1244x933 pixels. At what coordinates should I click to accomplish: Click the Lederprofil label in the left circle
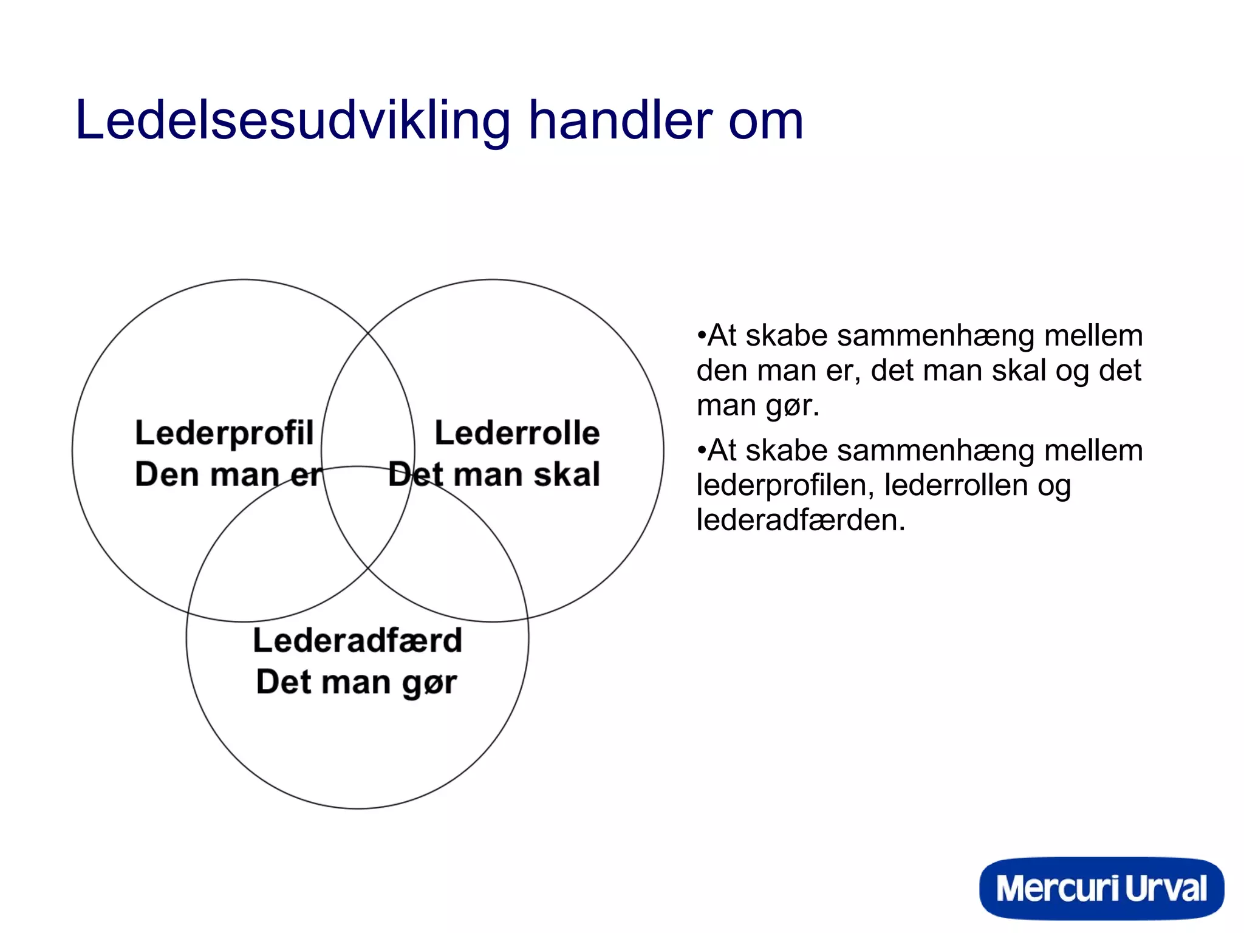click(x=224, y=434)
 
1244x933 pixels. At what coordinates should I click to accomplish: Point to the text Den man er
click(x=228, y=474)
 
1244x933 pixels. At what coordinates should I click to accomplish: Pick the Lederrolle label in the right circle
click(x=517, y=433)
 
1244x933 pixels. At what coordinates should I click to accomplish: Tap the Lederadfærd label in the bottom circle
click(x=357, y=641)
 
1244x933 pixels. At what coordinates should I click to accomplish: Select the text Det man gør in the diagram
click(x=356, y=682)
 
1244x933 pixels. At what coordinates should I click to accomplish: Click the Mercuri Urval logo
click(x=1101, y=888)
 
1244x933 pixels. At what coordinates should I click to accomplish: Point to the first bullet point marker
click(x=702, y=335)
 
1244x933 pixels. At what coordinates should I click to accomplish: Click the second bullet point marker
click(x=702, y=450)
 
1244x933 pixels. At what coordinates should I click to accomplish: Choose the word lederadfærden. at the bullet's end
click(x=801, y=520)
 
